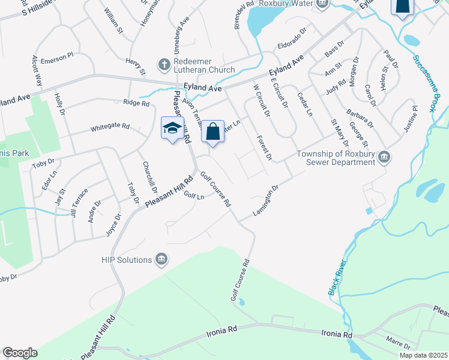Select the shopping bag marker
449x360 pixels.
point(212,131)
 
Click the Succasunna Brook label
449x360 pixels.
point(423,84)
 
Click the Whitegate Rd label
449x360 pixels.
point(110,127)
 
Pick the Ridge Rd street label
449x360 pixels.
point(136,103)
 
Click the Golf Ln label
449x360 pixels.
point(194,195)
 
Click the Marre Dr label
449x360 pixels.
point(398,343)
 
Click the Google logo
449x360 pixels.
point(20,353)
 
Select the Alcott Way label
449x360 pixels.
point(37,71)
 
